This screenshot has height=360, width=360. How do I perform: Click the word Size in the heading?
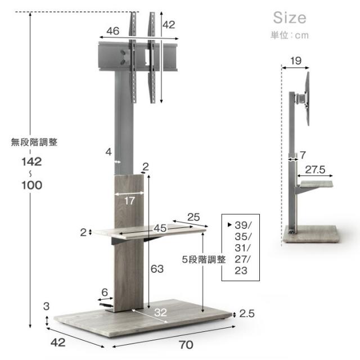290,18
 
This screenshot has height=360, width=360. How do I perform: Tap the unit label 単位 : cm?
290,35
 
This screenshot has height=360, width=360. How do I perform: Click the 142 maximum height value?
31,162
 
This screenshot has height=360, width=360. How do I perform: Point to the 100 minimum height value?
31,185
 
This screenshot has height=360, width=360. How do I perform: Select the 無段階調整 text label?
34,142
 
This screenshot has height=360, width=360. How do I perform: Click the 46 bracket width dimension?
112,31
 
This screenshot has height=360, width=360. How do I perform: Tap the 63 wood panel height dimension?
157,269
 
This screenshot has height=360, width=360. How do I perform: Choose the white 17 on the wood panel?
129,201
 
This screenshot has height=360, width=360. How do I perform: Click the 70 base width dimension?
186,345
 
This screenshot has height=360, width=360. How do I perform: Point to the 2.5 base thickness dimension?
247,314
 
